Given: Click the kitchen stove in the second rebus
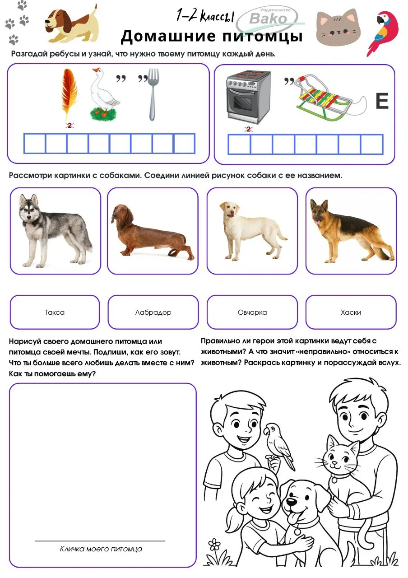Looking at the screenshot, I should click(x=248, y=96).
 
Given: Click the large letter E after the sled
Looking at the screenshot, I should click(x=382, y=102).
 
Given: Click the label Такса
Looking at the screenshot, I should click(x=55, y=312).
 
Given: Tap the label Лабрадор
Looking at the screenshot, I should click(x=153, y=312).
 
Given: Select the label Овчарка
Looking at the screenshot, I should click(x=252, y=312).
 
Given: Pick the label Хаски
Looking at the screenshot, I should click(x=351, y=312).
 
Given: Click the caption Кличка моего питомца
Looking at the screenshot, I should click(x=101, y=549).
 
